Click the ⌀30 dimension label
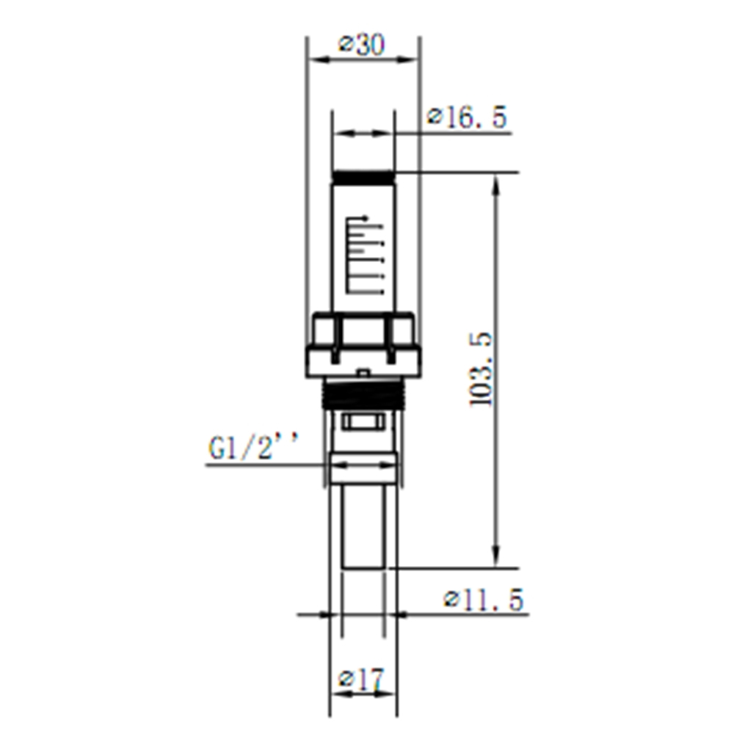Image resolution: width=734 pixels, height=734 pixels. tap(361, 46)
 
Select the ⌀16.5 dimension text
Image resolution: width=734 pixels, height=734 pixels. tap(468, 117)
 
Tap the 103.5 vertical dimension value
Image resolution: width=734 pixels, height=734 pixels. tap(482, 369)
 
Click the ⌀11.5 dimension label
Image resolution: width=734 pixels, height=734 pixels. tap(484, 600)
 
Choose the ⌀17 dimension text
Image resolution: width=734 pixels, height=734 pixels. tap(360, 680)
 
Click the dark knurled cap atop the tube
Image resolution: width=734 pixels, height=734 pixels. tap(363, 178)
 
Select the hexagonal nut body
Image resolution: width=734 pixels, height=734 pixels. tap(363, 344)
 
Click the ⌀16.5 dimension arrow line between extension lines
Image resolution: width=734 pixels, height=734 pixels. tap(363, 134)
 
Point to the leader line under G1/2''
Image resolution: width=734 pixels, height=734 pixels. tap(264, 465)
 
